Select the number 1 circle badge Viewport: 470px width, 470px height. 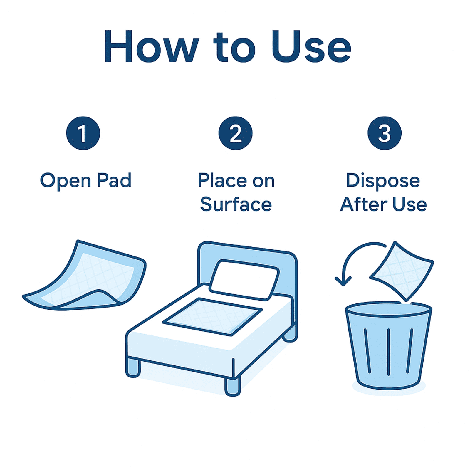(83, 133)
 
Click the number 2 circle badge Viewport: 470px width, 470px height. (235, 133)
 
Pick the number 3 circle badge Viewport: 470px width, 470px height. (385, 133)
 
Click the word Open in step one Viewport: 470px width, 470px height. (66, 181)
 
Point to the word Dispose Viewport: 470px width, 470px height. (383, 181)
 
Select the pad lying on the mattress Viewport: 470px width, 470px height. (212, 316)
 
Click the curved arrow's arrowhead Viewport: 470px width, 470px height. (343, 281)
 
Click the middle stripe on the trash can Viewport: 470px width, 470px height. (388, 352)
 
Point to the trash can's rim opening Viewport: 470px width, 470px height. (388, 310)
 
